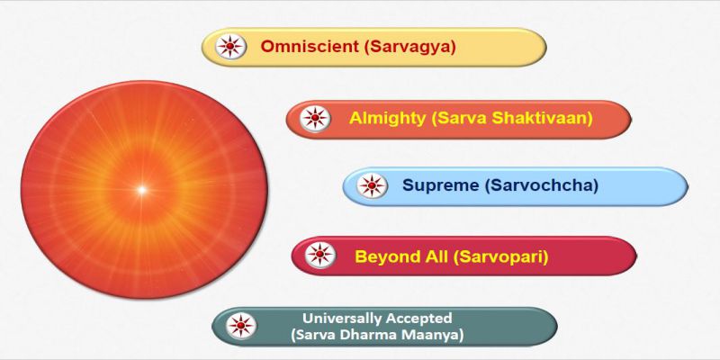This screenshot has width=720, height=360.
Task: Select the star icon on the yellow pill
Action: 230,47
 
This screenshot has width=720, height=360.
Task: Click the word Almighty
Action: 388,119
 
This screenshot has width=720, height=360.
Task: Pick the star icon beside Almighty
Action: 315,119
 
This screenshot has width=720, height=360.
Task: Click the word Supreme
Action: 441,185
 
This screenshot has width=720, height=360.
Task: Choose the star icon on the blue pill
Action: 372,185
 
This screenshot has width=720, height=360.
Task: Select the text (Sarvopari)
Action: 500,256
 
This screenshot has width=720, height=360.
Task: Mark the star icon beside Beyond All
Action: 320,255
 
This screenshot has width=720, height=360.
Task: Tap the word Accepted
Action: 419,318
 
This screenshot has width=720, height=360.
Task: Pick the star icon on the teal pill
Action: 241,326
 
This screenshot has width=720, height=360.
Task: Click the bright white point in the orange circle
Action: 142,189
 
